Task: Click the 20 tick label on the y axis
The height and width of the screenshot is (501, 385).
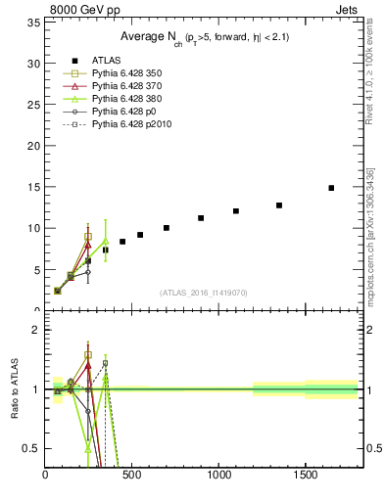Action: click(x=32, y=146)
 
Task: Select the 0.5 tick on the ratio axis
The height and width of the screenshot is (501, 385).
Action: click(x=30, y=448)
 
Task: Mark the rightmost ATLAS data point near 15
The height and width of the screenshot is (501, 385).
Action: click(x=331, y=187)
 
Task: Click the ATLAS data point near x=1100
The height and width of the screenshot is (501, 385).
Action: click(x=236, y=210)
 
